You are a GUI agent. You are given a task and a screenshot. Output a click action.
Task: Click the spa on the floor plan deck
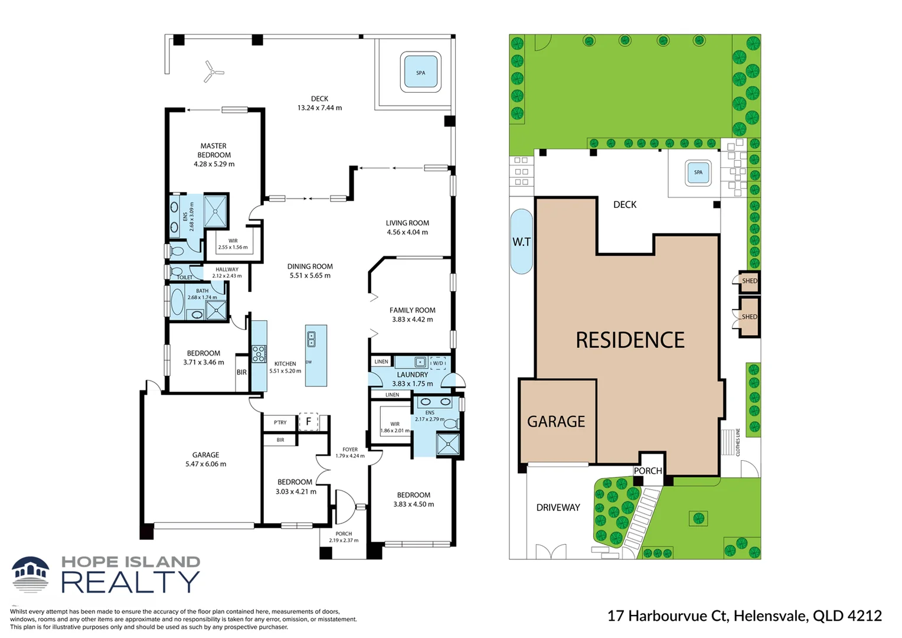420,73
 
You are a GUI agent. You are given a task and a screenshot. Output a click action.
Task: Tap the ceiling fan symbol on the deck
212,72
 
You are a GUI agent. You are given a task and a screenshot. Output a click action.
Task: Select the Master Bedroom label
214,150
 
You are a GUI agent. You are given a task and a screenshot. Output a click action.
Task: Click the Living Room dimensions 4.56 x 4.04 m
407,232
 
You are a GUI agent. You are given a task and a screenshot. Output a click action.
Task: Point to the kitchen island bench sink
311,339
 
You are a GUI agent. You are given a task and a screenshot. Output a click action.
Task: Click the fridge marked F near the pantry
308,422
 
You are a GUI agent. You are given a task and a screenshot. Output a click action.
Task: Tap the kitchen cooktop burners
259,354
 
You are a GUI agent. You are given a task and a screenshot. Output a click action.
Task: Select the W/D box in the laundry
438,363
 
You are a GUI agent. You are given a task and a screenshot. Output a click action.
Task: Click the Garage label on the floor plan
205,455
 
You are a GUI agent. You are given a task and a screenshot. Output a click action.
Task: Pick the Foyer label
350,450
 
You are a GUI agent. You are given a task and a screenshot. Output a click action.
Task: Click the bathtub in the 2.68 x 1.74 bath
177,301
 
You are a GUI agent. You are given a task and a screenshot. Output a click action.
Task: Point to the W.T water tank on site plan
521,242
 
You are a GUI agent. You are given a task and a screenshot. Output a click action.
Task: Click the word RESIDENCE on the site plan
630,340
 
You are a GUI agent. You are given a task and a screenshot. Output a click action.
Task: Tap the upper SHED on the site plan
749,281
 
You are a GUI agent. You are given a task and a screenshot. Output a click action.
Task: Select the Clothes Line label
738,442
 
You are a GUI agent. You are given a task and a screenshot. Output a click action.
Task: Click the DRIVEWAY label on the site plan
558,507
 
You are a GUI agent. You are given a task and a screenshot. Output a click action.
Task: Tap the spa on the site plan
698,172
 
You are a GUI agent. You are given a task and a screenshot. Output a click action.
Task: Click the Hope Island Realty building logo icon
31,574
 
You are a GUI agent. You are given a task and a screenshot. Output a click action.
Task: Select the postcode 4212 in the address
864,616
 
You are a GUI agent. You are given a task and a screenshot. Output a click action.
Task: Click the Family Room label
412,310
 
